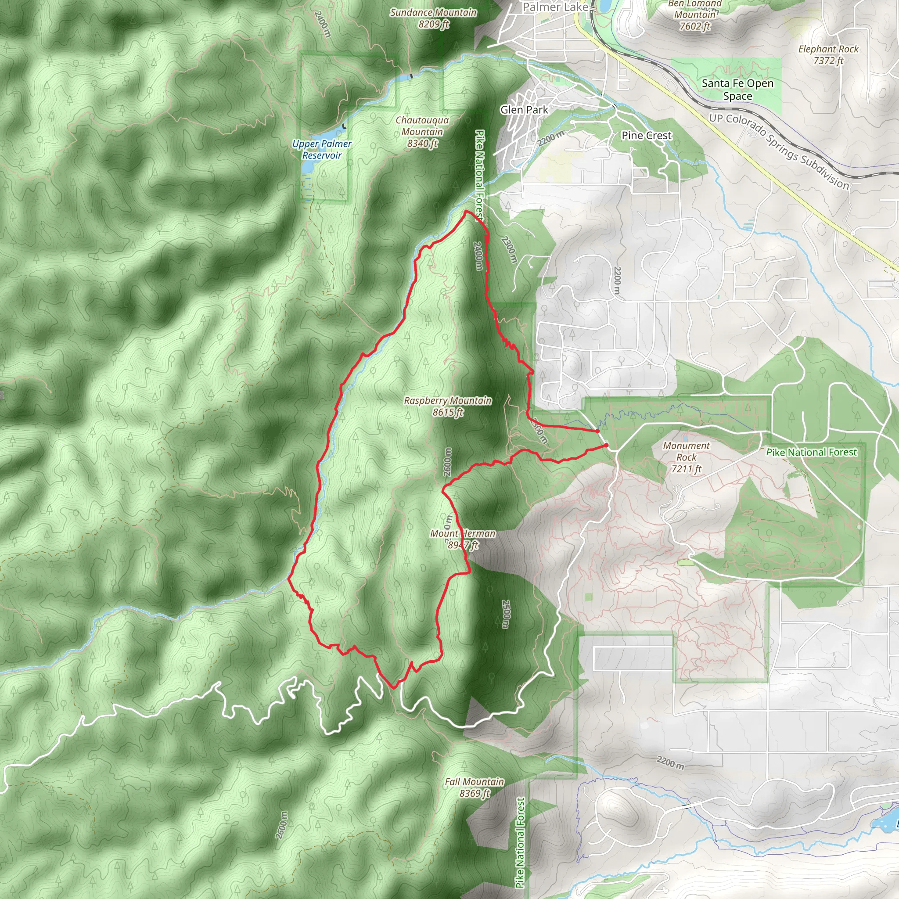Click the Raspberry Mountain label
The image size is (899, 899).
[447, 406]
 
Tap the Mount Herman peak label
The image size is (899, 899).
[463, 539]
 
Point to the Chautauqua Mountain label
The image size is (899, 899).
[422, 132]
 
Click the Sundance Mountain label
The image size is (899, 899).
[433, 18]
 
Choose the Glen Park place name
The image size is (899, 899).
[524, 110]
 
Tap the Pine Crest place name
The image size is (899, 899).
[646, 135]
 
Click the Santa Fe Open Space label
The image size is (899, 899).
[737, 90]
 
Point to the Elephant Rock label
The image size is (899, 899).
[828, 54]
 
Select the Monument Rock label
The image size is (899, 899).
[687, 457]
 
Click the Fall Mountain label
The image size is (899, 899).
[474, 788]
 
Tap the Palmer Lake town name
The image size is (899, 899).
[555, 7]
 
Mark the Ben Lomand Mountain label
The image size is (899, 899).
[695, 14]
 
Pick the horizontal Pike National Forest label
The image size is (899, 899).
[811, 452]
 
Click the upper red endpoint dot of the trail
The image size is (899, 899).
[597, 432]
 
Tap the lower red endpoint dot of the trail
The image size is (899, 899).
[606, 445]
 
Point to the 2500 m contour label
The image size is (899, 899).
[506, 614]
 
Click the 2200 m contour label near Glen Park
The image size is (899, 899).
[551, 138]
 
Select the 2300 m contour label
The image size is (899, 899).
[509, 249]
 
